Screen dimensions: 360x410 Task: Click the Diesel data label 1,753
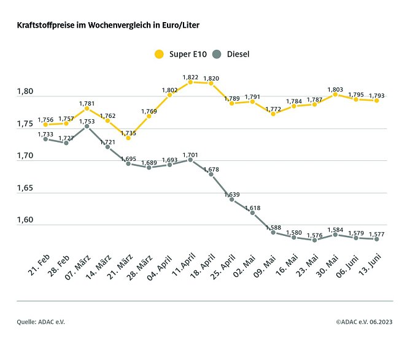87,121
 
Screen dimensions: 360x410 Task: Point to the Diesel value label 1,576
314,234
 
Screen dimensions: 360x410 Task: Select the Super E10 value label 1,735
128,132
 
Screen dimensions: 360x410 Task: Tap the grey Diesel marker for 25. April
232,200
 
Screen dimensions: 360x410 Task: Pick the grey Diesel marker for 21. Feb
45,139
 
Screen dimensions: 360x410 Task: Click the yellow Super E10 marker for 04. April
169,95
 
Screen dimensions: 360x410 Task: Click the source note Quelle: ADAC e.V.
41,321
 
